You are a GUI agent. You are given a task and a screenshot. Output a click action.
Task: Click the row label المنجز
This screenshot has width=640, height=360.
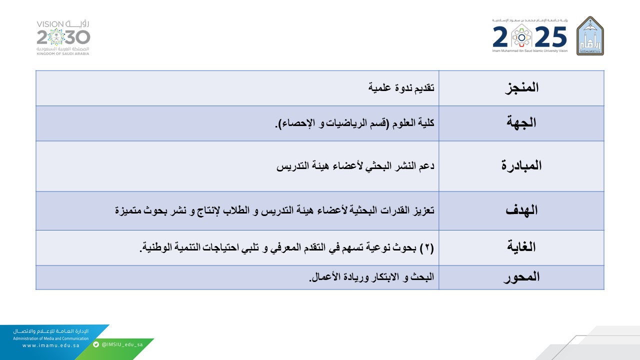pyautogui.click(x=521, y=87)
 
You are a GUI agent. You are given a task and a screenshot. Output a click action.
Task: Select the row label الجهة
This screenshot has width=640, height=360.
pyautogui.click(x=521, y=123)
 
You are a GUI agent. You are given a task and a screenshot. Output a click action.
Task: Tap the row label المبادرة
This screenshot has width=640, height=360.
pyautogui.click(x=521, y=166)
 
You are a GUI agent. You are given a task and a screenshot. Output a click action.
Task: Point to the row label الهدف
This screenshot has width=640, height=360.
pyautogui.click(x=521, y=210)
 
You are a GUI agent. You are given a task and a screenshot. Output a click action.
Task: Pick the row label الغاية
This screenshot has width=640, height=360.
pyautogui.click(x=521, y=247)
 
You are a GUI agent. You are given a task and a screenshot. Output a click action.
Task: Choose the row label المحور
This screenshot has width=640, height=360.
pyautogui.click(x=521, y=277)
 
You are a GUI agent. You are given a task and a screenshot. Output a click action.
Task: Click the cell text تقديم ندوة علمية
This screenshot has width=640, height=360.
pyautogui.click(x=401, y=88)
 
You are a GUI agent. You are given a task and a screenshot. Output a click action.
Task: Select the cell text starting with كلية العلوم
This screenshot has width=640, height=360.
pyautogui.click(x=354, y=123)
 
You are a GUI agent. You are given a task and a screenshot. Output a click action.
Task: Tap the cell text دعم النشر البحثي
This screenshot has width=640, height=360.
pyautogui.click(x=355, y=166)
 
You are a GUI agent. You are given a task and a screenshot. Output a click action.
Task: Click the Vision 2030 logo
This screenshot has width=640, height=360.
pyautogui.click(x=63, y=37)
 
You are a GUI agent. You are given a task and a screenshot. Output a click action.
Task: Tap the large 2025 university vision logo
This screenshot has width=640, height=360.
pyautogui.click(x=530, y=37)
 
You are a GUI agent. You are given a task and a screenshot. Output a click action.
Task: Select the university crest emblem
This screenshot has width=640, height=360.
pyautogui.click(x=590, y=35)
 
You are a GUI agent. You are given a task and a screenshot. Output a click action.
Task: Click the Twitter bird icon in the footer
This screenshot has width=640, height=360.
pyautogui.click(x=96, y=344)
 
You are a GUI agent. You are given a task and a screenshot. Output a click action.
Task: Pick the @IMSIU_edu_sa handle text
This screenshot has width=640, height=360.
pyautogui.click(x=122, y=344)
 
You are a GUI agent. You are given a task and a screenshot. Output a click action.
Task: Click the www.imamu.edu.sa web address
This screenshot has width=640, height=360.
pyautogui.click(x=51, y=345)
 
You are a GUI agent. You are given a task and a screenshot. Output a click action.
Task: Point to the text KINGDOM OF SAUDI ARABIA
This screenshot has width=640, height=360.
pyautogui.click(x=63, y=53)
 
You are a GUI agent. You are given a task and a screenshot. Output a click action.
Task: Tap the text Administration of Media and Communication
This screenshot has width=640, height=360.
pyautogui.click(x=51, y=338)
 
